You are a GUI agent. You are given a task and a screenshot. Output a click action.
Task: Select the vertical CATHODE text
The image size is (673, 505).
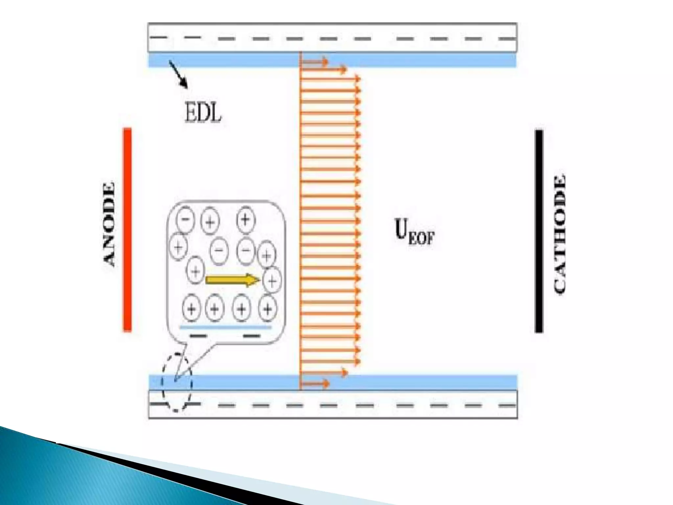click(560, 234)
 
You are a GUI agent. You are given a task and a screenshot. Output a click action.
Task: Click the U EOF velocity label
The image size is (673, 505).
click(414, 232)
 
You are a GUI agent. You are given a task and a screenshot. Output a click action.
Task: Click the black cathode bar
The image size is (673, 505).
click(539, 231)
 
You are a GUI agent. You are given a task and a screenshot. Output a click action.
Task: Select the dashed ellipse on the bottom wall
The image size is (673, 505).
click(176, 382)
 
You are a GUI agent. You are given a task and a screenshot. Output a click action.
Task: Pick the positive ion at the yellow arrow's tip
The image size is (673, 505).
click(272, 280)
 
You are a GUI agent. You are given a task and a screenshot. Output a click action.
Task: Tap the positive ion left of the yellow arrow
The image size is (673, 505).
click(195, 271)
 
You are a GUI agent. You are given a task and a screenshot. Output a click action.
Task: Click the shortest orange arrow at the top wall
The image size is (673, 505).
click(314, 61)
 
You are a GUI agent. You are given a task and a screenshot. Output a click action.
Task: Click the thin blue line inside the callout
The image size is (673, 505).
click(226, 327)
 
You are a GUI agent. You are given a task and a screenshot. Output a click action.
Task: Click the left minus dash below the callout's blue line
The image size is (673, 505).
click(198, 336)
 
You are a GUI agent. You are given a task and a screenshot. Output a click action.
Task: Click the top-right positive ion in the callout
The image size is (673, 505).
click(245, 219)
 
